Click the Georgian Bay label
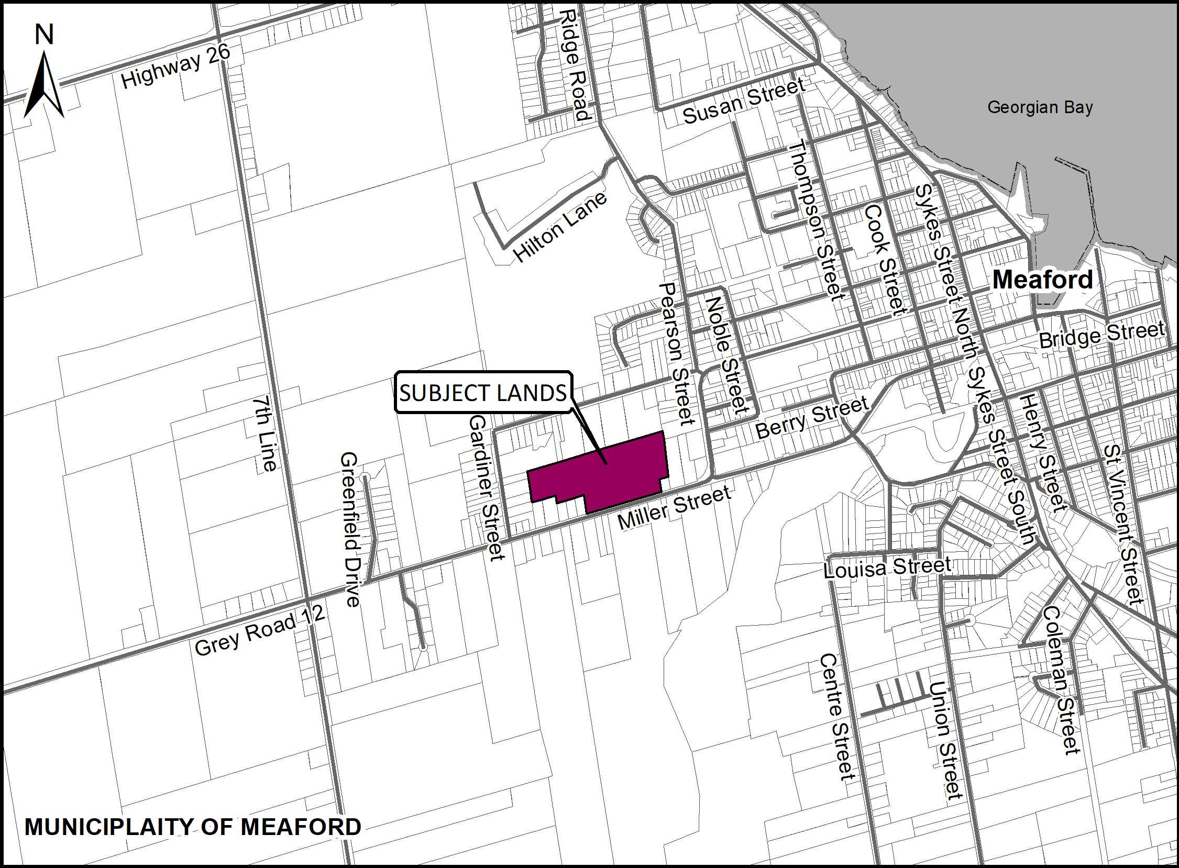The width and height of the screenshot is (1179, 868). tap(1040, 108)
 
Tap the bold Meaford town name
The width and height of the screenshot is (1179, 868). tap(1042, 280)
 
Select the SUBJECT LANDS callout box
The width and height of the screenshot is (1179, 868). tap(483, 393)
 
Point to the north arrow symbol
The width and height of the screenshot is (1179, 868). tap(44, 84)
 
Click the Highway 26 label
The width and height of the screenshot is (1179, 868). tap(175, 65)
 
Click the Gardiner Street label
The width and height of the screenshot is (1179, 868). tap(486, 487)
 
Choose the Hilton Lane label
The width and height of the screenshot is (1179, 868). tap(560, 227)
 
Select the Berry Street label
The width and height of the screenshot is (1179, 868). tap(812, 417)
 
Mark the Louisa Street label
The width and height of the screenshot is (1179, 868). tap(887, 567)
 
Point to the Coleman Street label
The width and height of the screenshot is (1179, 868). tap(1062, 680)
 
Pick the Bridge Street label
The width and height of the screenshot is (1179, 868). tap(1101, 335)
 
